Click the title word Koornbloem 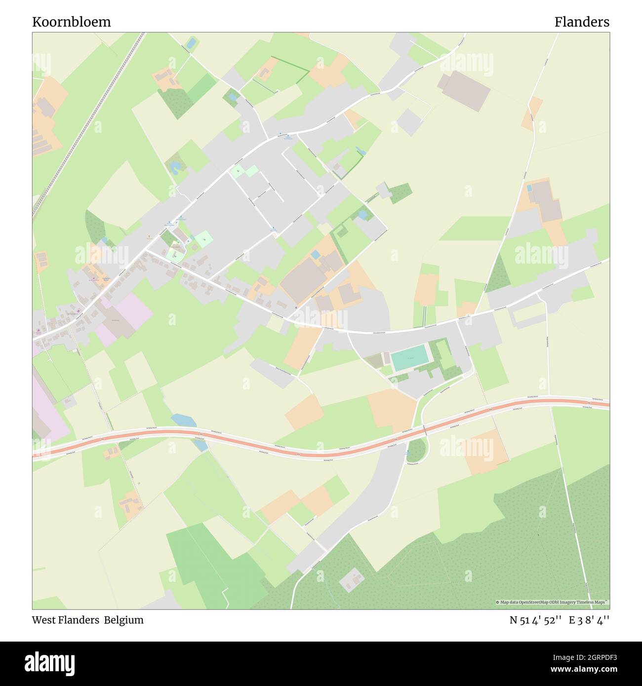click(x=72, y=22)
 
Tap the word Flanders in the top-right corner click(x=581, y=22)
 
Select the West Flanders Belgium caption click(x=88, y=620)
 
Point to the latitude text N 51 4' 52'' click(x=536, y=620)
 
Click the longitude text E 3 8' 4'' click(x=589, y=620)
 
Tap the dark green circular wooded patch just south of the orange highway click(x=415, y=450)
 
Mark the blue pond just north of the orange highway click(x=183, y=420)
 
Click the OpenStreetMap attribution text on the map click(x=553, y=602)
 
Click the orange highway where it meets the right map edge click(x=605, y=404)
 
